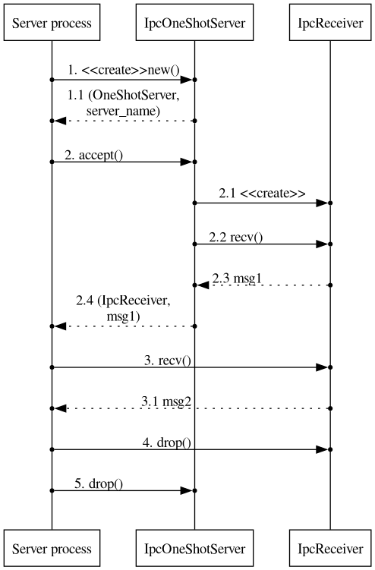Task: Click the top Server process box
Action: pos(52,22)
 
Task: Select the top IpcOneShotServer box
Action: pos(194,22)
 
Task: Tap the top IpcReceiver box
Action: pos(330,22)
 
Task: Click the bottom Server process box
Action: pos(52,548)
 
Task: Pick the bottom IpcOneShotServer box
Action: pos(194,548)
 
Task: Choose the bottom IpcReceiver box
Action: pos(330,548)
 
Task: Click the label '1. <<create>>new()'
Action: pos(124,70)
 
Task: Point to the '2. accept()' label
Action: pos(94,156)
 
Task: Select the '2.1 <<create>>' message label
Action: pos(262,193)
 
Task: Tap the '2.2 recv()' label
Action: pos(235,238)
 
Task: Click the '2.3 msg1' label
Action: pos(237,279)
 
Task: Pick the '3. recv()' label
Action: pos(168,361)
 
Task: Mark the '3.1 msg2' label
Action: pos(166,402)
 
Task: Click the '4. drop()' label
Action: pos(166,442)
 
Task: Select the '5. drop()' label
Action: pos(99,483)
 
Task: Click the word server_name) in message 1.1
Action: pos(123,111)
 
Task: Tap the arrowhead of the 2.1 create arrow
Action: pos(322,203)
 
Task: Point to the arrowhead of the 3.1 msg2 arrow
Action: pos(60,408)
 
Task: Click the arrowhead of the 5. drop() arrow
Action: pos(186,491)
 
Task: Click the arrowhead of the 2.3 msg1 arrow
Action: pos(203,285)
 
